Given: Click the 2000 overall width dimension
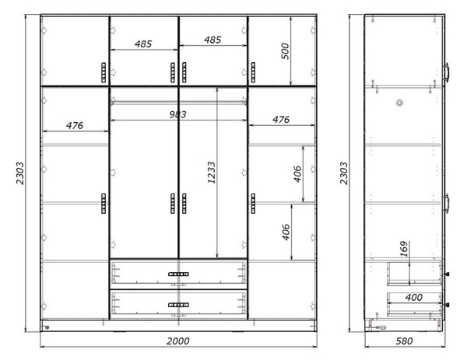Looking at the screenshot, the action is pyautogui.click(x=177, y=341).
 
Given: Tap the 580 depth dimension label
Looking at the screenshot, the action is pyautogui.click(x=404, y=341).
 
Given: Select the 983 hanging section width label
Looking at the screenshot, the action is pyautogui.click(x=177, y=114).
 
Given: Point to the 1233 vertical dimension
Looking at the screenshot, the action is pyautogui.click(x=211, y=173).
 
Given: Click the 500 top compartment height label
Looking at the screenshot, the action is pyautogui.click(x=285, y=51).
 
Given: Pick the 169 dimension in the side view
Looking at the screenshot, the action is pyautogui.click(x=403, y=249).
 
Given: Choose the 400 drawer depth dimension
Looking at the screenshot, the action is pyautogui.click(x=414, y=297).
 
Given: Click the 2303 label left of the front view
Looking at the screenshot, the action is pyautogui.click(x=20, y=173).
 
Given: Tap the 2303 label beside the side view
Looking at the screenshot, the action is pyautogui.click(x=344, y=173).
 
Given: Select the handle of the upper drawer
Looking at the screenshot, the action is pyautogui.click(x=178, y=274).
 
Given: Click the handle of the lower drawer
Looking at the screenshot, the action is pyautogui.click(x=178, y=305).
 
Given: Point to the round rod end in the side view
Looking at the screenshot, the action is pyautogui.click(x=399, y=103).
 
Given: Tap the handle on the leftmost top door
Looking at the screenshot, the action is pyautogui.click(x=104, y=72).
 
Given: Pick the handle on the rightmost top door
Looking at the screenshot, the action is pyautogui.click(x=253, y=72).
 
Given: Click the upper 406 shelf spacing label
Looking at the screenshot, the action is pyautogui.click(x=297, y=174).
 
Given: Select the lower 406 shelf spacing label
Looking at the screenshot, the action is pyautogui.click(x=286, y=232).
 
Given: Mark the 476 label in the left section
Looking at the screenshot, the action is pyautogui.click(x=75, y=125).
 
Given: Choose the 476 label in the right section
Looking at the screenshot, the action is pyautogui.click(x=281, y=120).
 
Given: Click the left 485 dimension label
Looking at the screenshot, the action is pyautogui.click(x=143, y=44).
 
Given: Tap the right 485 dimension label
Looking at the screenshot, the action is pyautogui.click(x=212, y=40).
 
